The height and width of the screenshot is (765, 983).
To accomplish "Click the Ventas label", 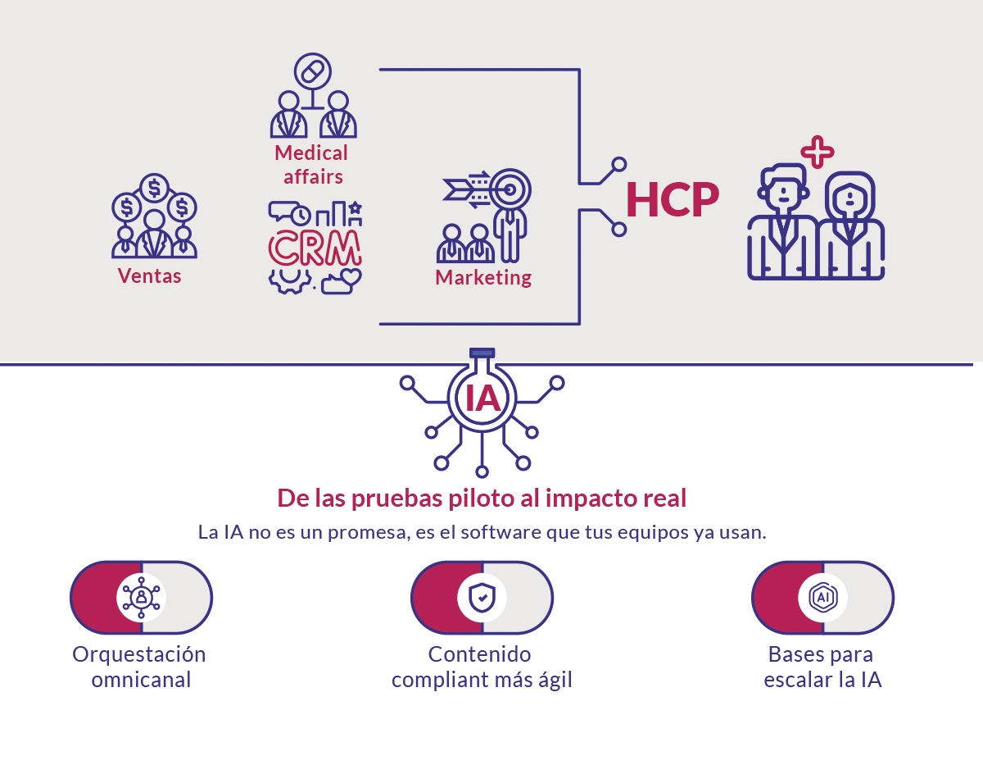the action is pos(149,275).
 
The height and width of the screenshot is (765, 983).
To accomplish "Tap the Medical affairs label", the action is pos(311,164).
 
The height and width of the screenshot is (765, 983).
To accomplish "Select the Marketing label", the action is pos(483,277).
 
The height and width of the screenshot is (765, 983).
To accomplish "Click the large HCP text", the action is pos(673,199).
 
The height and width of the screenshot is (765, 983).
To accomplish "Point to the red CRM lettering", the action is pos(315,248).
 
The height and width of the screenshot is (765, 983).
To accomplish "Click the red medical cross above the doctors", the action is pos(817,152).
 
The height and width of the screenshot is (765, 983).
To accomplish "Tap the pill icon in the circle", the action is pos(312,71).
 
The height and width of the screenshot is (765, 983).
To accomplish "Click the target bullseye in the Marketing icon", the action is pos(510,189).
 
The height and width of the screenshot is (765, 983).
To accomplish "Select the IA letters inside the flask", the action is pos(482,398).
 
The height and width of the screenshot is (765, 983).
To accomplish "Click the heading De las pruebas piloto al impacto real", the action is pos(482,498).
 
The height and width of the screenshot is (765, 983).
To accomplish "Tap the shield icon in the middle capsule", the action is pos(482,597).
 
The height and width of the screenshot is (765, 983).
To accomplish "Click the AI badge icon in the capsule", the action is pos(823,597).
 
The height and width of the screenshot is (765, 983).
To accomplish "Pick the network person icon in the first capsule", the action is pos(141,597).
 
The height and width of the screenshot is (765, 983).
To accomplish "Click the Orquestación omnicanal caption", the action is pos(139,667).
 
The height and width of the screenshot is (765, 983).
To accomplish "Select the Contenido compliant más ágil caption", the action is pos(482,667).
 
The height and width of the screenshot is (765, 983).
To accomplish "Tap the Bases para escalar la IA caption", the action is pos(822,667).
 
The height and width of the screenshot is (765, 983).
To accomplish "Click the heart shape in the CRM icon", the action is pos(351,276).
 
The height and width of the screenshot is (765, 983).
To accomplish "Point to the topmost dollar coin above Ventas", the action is pos(154,188).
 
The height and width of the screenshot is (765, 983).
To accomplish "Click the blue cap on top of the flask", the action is pos(482,353).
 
